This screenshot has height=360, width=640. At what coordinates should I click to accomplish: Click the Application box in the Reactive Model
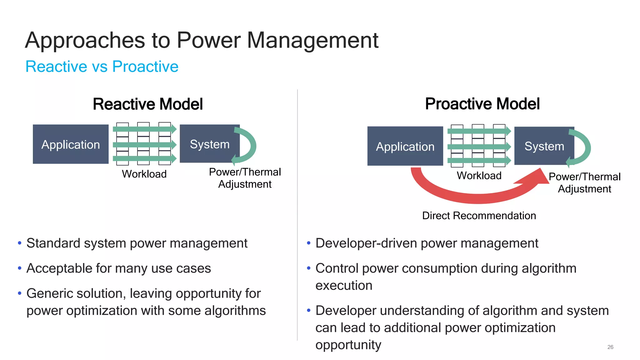[71, 144]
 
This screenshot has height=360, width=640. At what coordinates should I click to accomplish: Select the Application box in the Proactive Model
[405, 146]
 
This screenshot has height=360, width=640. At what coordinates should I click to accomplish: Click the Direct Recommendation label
[479, 216]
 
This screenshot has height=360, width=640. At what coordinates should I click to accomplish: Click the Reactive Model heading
[148, 104]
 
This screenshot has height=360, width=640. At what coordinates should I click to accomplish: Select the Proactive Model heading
[482, 104]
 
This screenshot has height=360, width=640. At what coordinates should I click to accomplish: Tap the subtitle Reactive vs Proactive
[102, 67]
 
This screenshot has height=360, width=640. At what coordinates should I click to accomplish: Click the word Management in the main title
[312, 41]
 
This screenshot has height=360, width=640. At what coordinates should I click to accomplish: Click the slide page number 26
[610, 347]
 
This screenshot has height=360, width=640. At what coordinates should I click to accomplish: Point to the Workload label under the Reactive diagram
[144, 174]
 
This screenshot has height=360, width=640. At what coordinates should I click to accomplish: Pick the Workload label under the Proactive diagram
[479, 176]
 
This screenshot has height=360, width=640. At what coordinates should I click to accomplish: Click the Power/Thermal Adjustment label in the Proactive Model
[584, 183]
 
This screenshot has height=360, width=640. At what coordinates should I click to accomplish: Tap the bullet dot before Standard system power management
[20, 243]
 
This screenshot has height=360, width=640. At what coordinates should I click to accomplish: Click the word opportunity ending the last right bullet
[348, 345]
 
